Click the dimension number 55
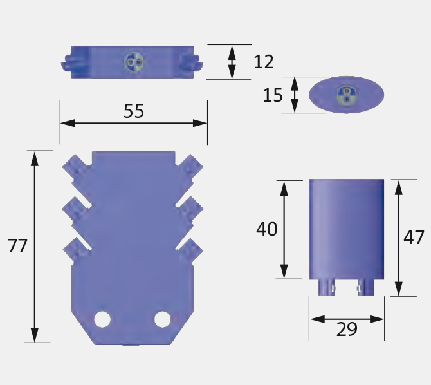coord(134,111)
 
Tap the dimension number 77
coord(17,246)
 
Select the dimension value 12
coord(264,62)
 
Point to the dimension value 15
coord(273,95)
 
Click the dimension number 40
coord(266,229)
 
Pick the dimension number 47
coord(414,238)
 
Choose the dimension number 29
coord(347,329)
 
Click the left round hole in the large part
coord(102,319)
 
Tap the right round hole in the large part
coord(163,319)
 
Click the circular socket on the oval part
coord(347,95)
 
